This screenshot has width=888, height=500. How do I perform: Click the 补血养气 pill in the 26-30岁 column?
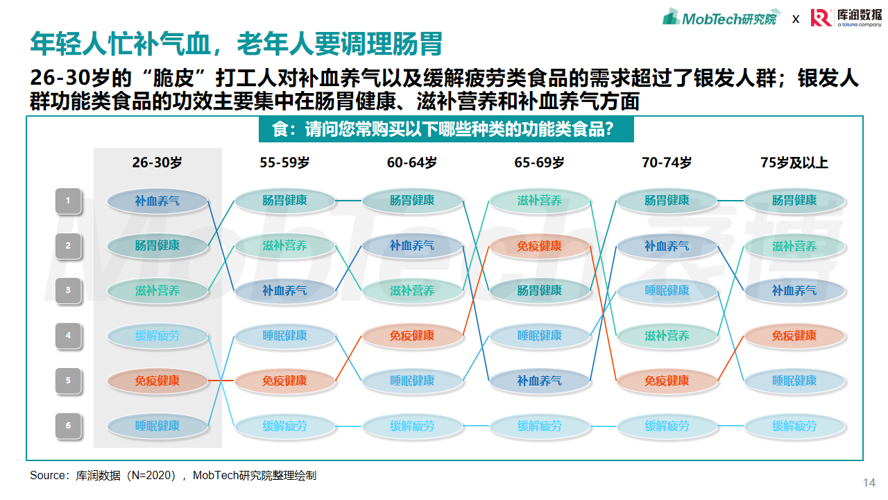tap(157, 201)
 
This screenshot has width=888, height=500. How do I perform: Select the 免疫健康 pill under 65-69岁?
tap(540, 246)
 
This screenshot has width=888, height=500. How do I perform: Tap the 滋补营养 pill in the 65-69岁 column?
tap(540, 201)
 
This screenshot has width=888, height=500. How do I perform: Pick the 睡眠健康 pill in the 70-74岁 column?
tap(667, 291)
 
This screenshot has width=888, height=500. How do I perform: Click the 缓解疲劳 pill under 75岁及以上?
tap(794, 426)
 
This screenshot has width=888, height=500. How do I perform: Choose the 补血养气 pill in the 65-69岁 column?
tap(540, 381)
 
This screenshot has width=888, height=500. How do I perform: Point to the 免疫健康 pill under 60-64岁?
tap(412, 335)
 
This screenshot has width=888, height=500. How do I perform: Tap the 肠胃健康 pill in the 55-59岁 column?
tap(284, 201)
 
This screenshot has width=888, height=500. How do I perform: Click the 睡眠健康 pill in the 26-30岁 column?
tap(157, 426)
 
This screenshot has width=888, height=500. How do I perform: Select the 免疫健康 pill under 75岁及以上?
tap(794, 335)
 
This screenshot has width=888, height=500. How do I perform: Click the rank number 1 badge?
tap(68, 201)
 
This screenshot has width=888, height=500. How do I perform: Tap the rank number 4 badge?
tap(68, 335)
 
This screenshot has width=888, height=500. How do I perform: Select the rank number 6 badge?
tap(68, 426)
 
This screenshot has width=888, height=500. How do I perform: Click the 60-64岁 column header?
tap(412, 162)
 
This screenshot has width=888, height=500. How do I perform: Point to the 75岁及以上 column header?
tap(794, 162)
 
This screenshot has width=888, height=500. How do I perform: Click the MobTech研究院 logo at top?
tap(721, 18)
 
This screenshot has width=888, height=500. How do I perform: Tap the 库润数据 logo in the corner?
tap(846, 17)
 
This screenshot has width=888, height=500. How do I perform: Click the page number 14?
tap(869, 483)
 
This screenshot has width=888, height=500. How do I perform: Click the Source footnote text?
tap(173, 476)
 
